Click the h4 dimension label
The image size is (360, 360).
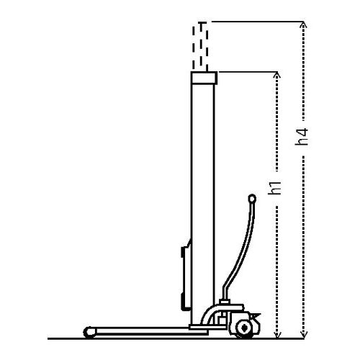302,137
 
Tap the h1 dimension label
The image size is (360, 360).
274,188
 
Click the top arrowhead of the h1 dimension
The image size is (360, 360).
277,74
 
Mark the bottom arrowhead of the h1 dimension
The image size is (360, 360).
277,336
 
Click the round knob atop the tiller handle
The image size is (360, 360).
252,199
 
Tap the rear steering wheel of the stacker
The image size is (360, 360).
244,329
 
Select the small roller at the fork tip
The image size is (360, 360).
89,333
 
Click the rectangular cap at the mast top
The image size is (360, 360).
204,78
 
